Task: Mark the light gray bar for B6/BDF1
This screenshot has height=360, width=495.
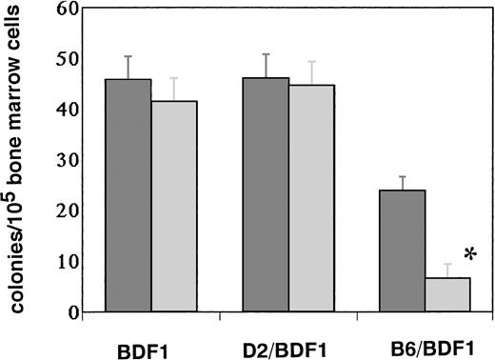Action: (x=447, y=294)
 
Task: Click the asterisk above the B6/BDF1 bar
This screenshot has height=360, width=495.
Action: (x=469, y=255)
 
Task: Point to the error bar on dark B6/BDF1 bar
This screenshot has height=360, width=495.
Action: (x=402, y=183)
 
